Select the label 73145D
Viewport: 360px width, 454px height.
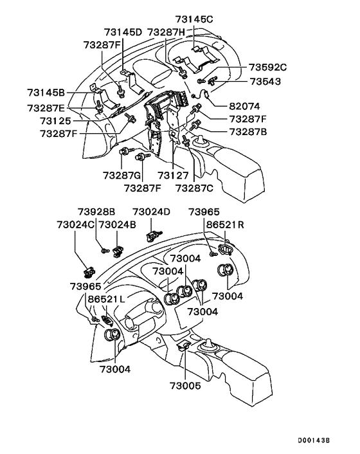125,32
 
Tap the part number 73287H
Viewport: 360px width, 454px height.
166,32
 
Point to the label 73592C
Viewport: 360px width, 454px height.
267,67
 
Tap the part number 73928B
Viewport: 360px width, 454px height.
96,212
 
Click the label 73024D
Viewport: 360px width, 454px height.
152,212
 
